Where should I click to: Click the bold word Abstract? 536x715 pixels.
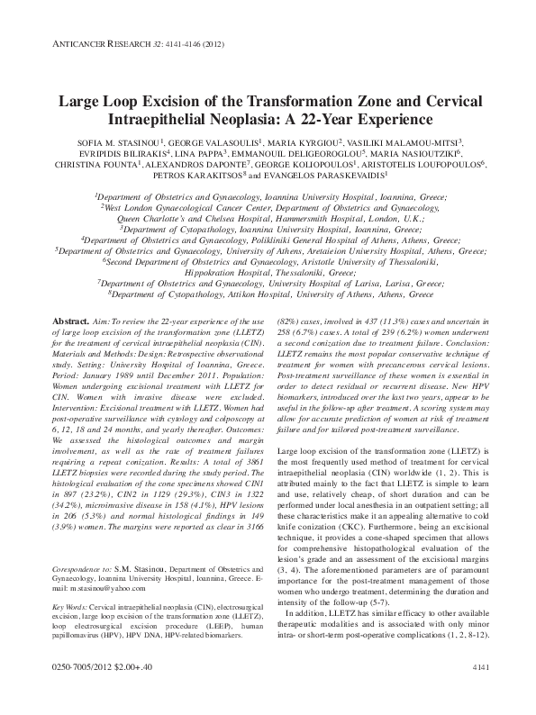70,321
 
